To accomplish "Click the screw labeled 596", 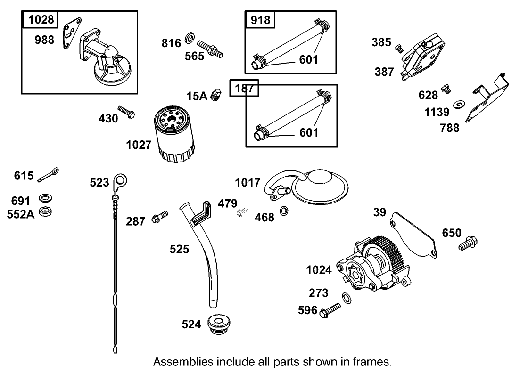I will click(330, 310).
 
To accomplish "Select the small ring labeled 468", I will click(285, 210).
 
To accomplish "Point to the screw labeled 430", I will click(126, 112).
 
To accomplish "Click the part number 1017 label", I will click(248, 182).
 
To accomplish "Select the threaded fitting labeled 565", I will click(210, 48).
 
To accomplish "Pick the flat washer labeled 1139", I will click(458, 104).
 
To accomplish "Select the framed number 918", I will click(261, 19).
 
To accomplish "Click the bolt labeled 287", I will click(159, 217).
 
